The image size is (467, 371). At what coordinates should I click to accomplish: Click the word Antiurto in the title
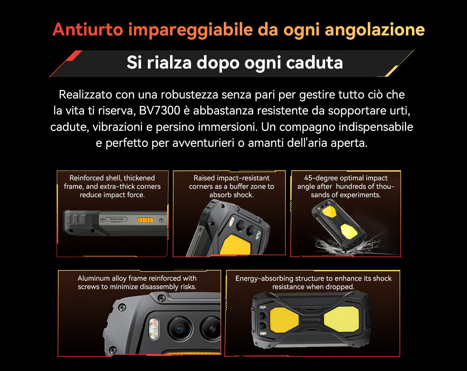88,29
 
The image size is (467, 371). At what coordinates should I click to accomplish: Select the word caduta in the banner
314,63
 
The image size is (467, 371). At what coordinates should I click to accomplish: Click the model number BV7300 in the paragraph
160,111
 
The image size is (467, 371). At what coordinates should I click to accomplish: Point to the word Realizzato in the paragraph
86,95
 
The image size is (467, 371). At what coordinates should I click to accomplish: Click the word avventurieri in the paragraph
203,143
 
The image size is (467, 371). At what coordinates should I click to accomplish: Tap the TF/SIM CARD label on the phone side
116,219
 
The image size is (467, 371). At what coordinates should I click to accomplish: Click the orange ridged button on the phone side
146,220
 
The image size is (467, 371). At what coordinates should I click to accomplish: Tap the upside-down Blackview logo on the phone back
311,320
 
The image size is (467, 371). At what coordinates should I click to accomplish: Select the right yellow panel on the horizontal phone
341,319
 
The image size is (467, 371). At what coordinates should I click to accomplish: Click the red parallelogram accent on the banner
74,56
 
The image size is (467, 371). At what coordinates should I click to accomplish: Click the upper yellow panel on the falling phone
329,211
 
